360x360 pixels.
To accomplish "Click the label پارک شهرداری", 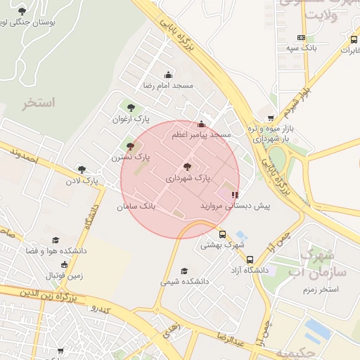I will (187, 179).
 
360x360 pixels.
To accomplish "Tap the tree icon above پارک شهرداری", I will (186, 167).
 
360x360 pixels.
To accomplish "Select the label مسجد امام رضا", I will (168, 85).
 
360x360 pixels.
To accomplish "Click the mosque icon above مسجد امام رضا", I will (167, 75).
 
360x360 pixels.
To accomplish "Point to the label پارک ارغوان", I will (130, 119).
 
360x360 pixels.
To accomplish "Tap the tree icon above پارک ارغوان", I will (130, 108).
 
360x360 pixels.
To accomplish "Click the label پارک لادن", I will (82, 181).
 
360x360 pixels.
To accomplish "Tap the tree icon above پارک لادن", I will (82, 169).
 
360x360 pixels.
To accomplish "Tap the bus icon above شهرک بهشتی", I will (222, 235).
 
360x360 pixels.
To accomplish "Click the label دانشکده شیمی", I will (185, 281).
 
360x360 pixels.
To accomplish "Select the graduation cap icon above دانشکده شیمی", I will (184, 271).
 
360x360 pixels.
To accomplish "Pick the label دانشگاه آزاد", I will (250, 269).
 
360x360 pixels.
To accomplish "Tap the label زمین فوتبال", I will (65, 275).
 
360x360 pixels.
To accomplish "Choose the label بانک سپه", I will (302, 48).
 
